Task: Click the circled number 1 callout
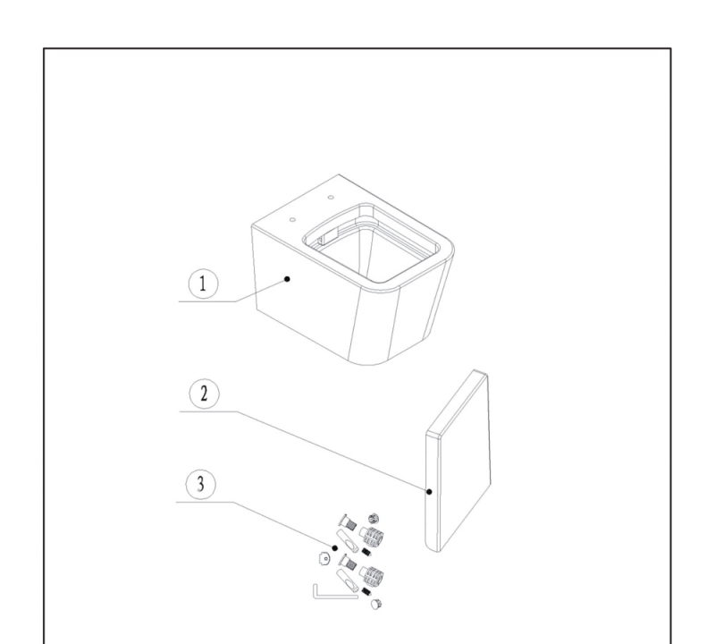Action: coord(204,284)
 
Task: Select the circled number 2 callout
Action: coord(205,394)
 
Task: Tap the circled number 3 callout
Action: coord(200,484)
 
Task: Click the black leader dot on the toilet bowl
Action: coord(287,279)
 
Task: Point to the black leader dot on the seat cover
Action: coord(429,492)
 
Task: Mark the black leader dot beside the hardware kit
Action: coord(334,548)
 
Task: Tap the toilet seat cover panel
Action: coord(458,461)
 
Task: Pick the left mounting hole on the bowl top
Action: coord(293,220)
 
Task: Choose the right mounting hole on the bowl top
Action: coord(331,198)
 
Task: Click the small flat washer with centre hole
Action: coord(324,558)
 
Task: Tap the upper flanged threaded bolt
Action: coord(348,522)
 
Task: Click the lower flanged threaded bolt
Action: coord(348,563)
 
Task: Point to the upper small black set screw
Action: coord(366,552)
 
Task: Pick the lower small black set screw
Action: coord(366,592)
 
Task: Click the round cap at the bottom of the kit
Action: coord(375,605)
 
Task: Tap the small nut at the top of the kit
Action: coord(374,519)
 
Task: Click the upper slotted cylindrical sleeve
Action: coord(348,541)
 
